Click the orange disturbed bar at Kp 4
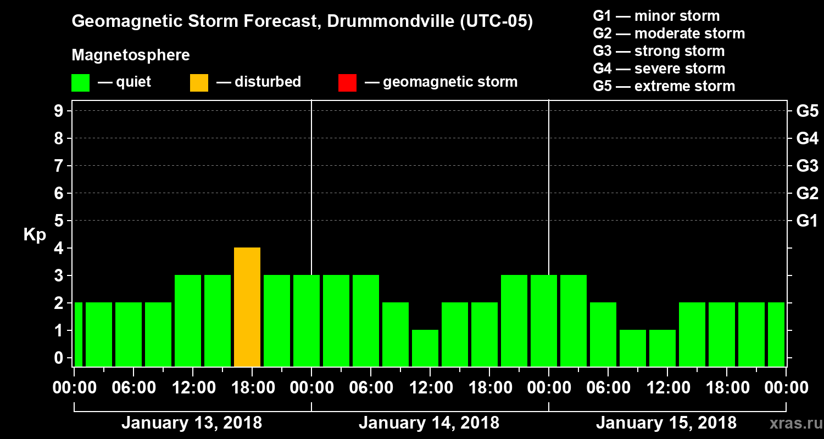click(x=247, y=307)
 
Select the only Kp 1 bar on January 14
click(x=425, y=348)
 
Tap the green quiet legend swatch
click(x=80, y=83)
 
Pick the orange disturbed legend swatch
click(x=199, y=83)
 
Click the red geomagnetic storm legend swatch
click(x=347, y=83)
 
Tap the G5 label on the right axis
click(x=807, y=111)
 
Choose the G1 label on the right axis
click(x=807, y=221)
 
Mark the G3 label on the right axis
click(x=807, y=166)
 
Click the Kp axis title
click(x=35, y=235)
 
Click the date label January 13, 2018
click(x=191, y=423)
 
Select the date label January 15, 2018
click(x=666, y=423)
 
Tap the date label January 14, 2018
click(x=428, y=423)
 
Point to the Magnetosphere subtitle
click(x=131, y=55)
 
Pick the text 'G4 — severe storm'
click(x=659, y=69)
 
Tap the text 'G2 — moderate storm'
click(x=669, y=33)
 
